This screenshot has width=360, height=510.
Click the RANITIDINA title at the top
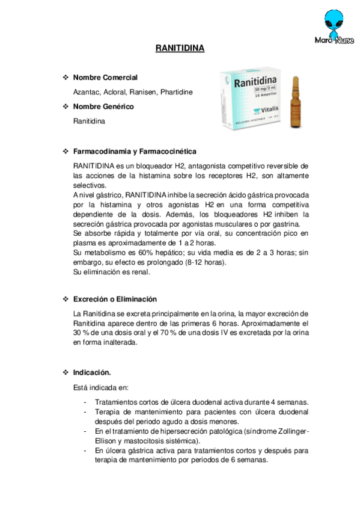click(180, 48)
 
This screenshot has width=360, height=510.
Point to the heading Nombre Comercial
click(105, 78)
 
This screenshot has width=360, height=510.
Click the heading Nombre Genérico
click(103, 106)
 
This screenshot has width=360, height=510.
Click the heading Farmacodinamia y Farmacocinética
click(135, 151)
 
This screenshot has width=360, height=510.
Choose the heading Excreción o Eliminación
click(115, 299)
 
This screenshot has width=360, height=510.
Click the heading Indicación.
click(92, 372)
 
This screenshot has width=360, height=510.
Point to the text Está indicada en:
click(100, 387)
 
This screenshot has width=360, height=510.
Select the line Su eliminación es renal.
click(112, 272)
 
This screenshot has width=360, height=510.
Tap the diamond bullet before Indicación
click(66, 372)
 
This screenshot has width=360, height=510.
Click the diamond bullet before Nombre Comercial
click(66, 78)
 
